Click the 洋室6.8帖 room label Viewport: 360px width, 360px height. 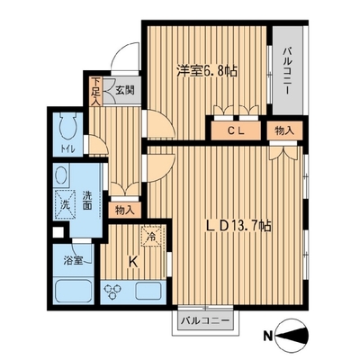[207, 71]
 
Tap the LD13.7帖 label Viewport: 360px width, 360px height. [238, 226]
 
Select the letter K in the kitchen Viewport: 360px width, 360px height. [133, 263]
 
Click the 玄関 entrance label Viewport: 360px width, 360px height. [125, 90]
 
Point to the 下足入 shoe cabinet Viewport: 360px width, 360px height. [95, 92]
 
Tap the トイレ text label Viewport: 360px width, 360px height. [67, 148]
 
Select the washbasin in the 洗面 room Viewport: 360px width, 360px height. [61, 175]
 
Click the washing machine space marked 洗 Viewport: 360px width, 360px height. [65, 204]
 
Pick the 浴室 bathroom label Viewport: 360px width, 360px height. [73, 261]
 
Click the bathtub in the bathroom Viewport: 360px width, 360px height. [74, 290]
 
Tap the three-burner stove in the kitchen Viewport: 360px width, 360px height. [112, 291]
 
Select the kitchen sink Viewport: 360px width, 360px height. [148, 291]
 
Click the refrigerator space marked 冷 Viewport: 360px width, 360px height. [153, 236]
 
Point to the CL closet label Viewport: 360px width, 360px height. [236, 130]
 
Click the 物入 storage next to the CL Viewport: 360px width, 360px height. [284, 130]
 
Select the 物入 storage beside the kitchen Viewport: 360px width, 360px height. [124, 210]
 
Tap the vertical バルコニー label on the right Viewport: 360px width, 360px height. [287, 71]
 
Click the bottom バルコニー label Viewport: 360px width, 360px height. [205, 321]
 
